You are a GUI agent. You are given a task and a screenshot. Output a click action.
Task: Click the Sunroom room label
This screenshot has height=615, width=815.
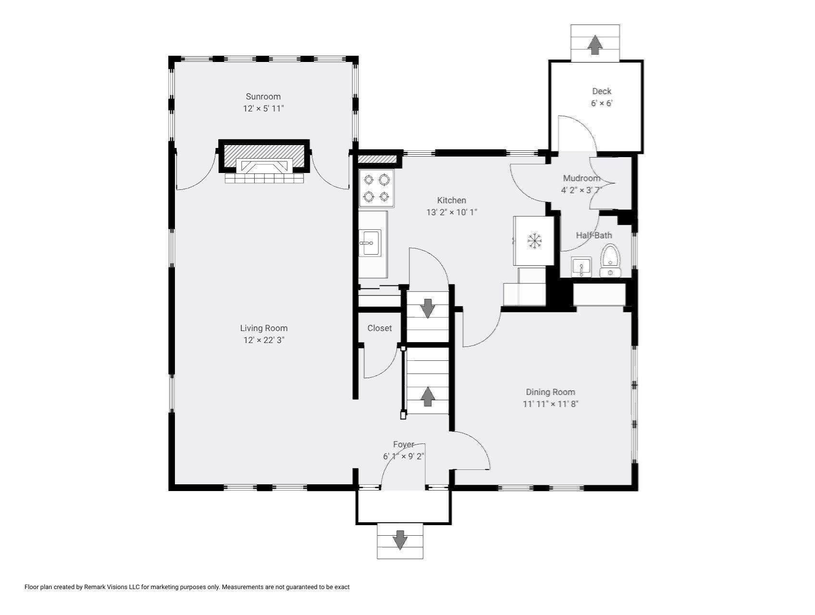[263, 97]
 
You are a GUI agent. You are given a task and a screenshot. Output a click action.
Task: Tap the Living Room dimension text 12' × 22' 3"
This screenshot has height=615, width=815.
[264, 340]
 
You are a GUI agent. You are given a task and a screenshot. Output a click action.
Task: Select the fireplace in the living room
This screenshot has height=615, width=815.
[264, 161]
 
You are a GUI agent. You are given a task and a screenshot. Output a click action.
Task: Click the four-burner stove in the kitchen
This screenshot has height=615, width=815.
[376, 188]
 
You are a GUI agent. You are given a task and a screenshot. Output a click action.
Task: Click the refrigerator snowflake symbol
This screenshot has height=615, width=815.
[534, 240]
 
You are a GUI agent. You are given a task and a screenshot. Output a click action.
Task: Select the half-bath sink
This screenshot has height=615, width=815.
[581, 267]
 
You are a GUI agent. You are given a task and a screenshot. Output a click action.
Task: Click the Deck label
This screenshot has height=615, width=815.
[602, 91]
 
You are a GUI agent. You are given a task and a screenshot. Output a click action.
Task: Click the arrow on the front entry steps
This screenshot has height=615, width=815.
[400, 540]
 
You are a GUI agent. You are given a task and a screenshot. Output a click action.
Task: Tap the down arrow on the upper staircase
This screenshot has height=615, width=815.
[428, 308]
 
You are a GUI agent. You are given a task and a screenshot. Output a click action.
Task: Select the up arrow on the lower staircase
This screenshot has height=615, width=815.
[428, 397]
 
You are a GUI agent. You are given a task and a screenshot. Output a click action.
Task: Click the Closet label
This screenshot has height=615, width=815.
[380, 328]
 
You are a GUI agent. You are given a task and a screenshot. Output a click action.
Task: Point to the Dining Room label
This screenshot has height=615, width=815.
[550, 392]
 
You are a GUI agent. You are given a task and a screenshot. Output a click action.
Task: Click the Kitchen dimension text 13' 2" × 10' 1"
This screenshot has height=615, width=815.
[452, 212]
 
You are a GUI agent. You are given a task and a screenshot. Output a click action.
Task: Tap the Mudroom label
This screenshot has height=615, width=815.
[581, 178]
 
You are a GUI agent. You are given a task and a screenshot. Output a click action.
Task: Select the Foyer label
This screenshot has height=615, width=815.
[403, 444]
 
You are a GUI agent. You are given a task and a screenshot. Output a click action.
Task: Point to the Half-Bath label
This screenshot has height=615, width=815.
[594, 235]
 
